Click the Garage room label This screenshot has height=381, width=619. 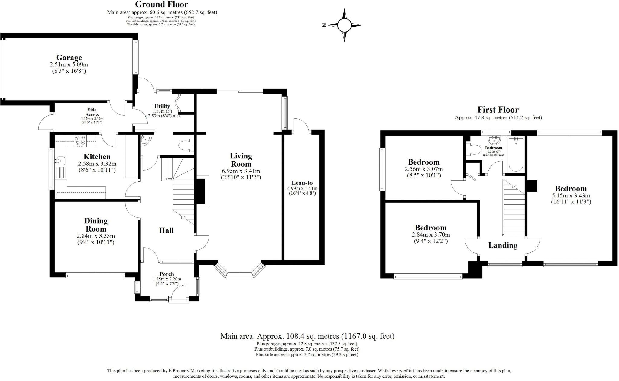[x=69, y=58]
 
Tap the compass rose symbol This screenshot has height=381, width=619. [x=344, y=25]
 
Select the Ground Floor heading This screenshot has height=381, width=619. [x=161, y=5]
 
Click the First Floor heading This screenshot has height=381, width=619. [x=498, y=110]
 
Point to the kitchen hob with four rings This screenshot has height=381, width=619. [x=80, y=140]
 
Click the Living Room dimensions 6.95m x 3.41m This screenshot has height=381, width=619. [x=241, y=171]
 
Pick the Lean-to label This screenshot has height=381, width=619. [x=302, y=183]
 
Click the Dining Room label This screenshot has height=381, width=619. [x=96, y=225]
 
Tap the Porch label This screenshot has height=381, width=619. [x=167, y=274]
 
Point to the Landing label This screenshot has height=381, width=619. [x=503, y=245]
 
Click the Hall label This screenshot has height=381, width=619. [x=166, y=230]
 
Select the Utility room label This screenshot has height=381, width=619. [x=162, y=106]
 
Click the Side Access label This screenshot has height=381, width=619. [x=92, y=112]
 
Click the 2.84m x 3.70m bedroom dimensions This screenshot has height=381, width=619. [x=431, y=235]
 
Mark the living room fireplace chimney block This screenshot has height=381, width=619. [x=200, y=192]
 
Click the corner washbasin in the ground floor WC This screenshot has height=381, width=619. [x=145, y=139]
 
